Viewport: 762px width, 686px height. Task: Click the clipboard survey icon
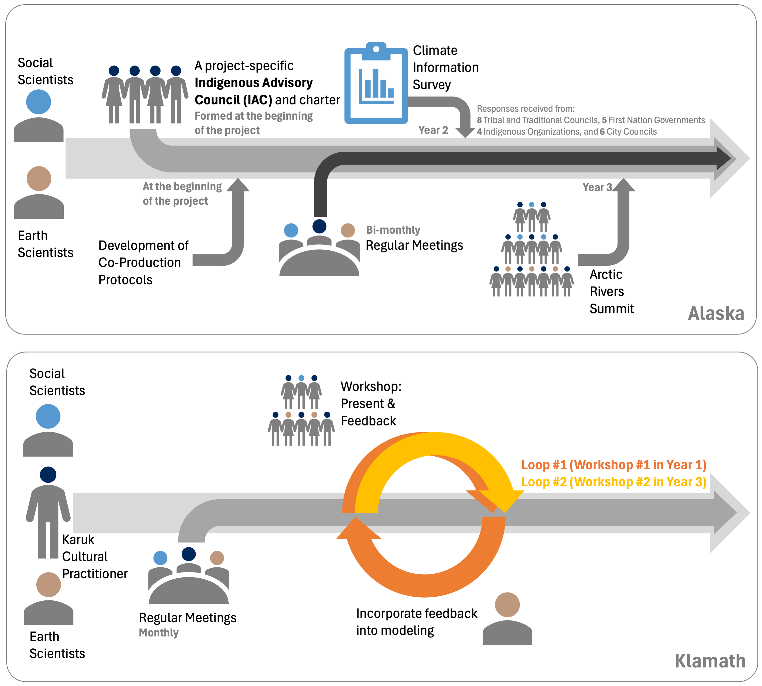(376, 84)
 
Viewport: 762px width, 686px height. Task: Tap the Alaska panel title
(716, 314)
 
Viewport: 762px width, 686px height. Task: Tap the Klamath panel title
(710, 661)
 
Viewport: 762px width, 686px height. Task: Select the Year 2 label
(433, 130)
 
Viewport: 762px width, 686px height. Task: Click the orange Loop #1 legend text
(613, 465)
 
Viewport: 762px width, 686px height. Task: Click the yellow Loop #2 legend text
(613, 482)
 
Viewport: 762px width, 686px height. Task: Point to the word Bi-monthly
(393, 230)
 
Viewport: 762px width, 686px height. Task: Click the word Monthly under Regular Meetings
(159, 633)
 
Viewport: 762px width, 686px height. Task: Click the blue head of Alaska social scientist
(38, 102)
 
